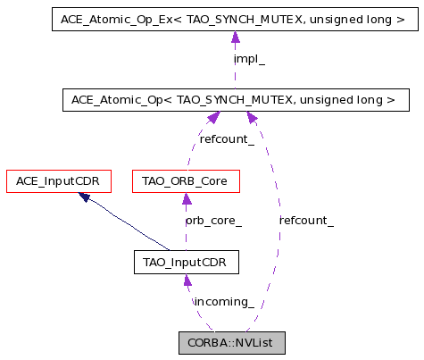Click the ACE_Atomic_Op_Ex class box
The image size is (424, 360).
235,20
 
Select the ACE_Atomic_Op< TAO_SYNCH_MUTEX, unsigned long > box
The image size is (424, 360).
236,100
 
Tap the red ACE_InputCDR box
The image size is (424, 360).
59,181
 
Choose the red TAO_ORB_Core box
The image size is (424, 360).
186,181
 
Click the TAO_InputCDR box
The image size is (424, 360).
187,262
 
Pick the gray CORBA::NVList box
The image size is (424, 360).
232,343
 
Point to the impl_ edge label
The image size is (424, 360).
249,59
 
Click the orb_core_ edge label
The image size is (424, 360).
213,221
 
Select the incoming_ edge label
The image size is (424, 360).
224,302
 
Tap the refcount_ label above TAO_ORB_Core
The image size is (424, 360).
227,139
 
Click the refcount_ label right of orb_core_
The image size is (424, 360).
306,221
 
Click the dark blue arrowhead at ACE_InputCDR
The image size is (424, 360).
84,197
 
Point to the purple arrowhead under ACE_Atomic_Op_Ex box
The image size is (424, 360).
236,37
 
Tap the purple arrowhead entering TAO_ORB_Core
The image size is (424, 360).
187,198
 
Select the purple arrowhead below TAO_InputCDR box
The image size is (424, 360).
187,280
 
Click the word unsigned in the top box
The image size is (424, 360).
336,20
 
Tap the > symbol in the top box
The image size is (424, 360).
400,20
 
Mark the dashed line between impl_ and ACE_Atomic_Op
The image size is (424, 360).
235,77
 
